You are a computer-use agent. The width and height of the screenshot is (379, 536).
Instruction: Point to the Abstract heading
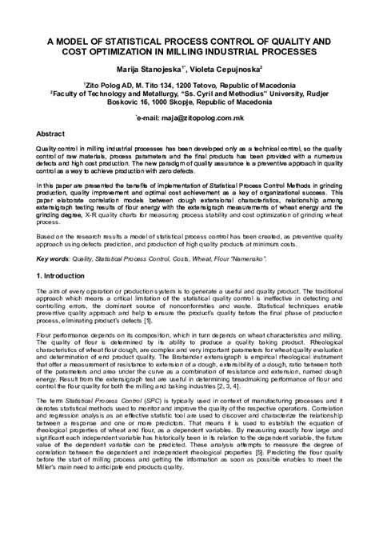[x=51, y=134]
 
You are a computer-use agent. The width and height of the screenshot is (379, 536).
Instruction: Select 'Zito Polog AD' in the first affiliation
[x=111, y=83]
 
